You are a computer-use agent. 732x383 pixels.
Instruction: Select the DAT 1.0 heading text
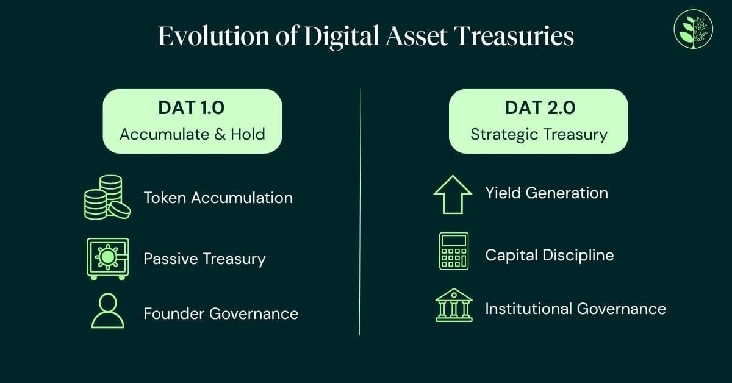(x=192, y=109)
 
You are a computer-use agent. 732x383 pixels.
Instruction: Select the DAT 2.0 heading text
(x=539, y=109)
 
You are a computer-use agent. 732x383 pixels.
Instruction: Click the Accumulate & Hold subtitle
(x=192, y=134)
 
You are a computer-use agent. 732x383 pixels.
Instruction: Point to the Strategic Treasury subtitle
(x=539, y=134)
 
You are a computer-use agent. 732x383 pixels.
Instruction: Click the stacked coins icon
(x=107, y=197)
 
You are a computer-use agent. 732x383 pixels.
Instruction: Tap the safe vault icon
(x=107, y=258)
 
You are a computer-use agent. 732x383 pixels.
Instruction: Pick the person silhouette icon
(x=107, y=312)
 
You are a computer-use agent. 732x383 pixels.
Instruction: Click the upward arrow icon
(x=453, y=195)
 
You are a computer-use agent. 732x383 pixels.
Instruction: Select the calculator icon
(x=454, y=251)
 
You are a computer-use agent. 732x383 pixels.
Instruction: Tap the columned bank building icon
(x=454, y=305)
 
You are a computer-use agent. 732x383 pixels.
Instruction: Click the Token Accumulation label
(x=218, y=198)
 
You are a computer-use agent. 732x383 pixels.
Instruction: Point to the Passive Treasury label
(x=204, y=259)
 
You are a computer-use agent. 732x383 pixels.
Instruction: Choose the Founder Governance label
(x=221, y=313)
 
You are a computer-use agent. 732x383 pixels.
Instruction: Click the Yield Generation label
(x=547, y=193)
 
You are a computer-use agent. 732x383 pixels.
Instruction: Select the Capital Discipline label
(x=549, y=254)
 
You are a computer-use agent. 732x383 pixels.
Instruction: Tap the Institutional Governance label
(x=575, y=309)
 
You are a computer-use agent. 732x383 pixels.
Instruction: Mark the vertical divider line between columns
(x=360, y=213)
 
